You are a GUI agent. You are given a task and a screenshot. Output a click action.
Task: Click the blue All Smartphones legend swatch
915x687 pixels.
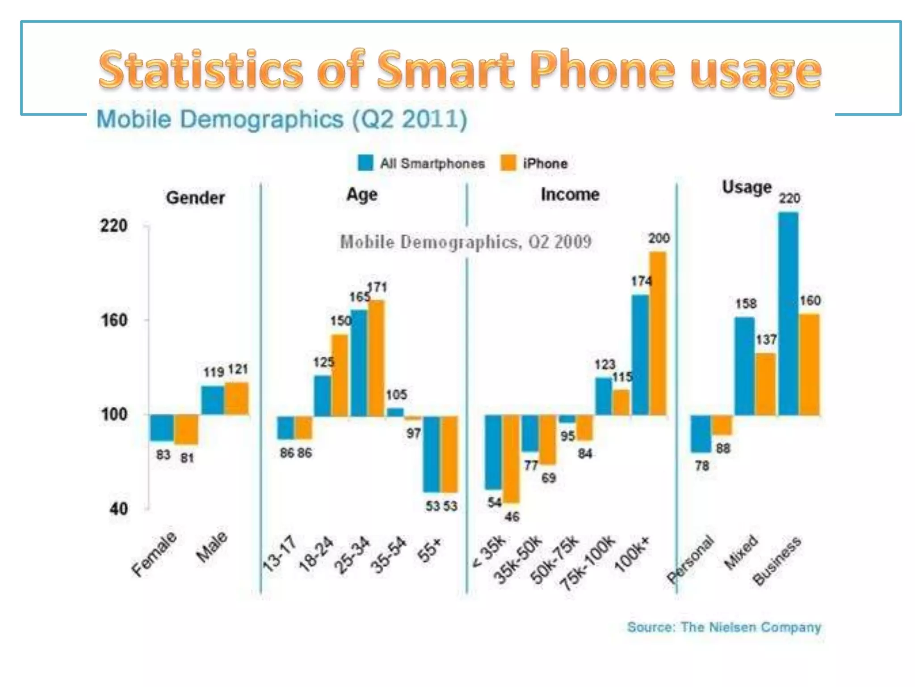(365, 163)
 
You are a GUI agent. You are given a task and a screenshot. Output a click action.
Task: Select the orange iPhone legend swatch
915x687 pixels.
(508, 163)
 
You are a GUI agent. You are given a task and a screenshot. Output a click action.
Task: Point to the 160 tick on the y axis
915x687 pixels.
(115, 320)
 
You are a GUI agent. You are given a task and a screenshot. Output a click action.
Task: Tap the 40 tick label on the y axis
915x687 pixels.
(119, 509)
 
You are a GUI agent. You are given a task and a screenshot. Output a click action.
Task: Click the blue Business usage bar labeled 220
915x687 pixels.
(788, 313)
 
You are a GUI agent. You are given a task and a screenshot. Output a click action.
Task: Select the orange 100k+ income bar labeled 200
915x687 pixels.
(658, 333)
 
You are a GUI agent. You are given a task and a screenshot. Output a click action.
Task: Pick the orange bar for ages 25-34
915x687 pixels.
(376, 358)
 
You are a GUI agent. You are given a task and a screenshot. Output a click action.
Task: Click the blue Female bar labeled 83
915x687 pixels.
(162, 428)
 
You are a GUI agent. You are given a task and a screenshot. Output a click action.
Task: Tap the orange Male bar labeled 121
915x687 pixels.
(237, 398)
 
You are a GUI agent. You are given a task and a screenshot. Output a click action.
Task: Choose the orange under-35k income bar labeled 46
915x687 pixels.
(511, 459)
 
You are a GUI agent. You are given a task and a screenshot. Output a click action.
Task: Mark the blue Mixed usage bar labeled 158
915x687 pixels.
(744, 366)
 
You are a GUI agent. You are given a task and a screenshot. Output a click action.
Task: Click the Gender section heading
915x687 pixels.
(195, 198)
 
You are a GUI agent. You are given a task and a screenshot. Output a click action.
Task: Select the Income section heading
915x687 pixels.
(570, 195)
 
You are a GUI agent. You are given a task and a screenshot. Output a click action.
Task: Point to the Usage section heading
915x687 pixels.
(747, 187)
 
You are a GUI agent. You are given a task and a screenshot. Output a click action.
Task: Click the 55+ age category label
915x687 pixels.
(429, 550)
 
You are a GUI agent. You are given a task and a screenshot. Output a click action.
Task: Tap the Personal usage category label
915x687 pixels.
(690, 559)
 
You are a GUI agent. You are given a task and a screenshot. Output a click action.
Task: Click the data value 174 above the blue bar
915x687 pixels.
(641, 281)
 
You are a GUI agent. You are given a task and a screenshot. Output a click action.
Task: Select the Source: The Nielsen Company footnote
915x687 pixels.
(724, 627)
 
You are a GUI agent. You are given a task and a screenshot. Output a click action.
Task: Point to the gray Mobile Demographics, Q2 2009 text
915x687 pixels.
(466, 242)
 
